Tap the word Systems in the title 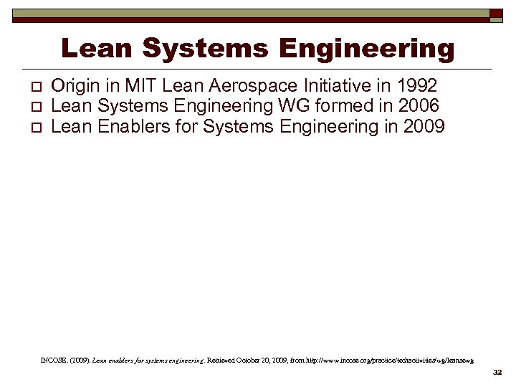pyautogui.click(x=205, y=49)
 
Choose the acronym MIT pyautogui.click(x=143, y=86)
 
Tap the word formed pyautogui.click(x=345, y=106)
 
